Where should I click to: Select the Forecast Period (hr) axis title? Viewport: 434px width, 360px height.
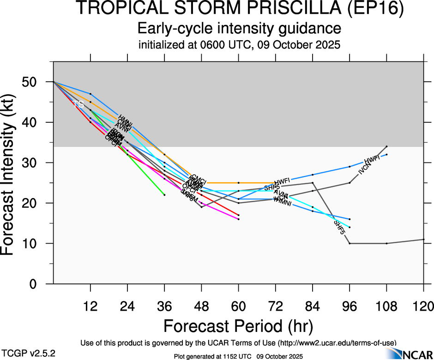[x=238, y=326]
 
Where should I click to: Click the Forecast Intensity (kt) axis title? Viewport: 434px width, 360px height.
[x=11, y=173]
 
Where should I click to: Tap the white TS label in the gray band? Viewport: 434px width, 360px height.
[x=78, y=105]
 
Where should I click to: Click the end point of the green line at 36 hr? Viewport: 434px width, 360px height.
[x=164, y=195]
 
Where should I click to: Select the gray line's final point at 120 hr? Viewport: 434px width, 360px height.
[x=424, y=239]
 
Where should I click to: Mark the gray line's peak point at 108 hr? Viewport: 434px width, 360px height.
[x=386, y=146]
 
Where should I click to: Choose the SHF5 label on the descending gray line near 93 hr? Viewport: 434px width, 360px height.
[x=339, y=228]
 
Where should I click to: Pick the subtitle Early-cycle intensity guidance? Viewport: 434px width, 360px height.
[x=240, y=29]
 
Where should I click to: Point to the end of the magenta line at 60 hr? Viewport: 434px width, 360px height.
[x=239, y=219]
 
